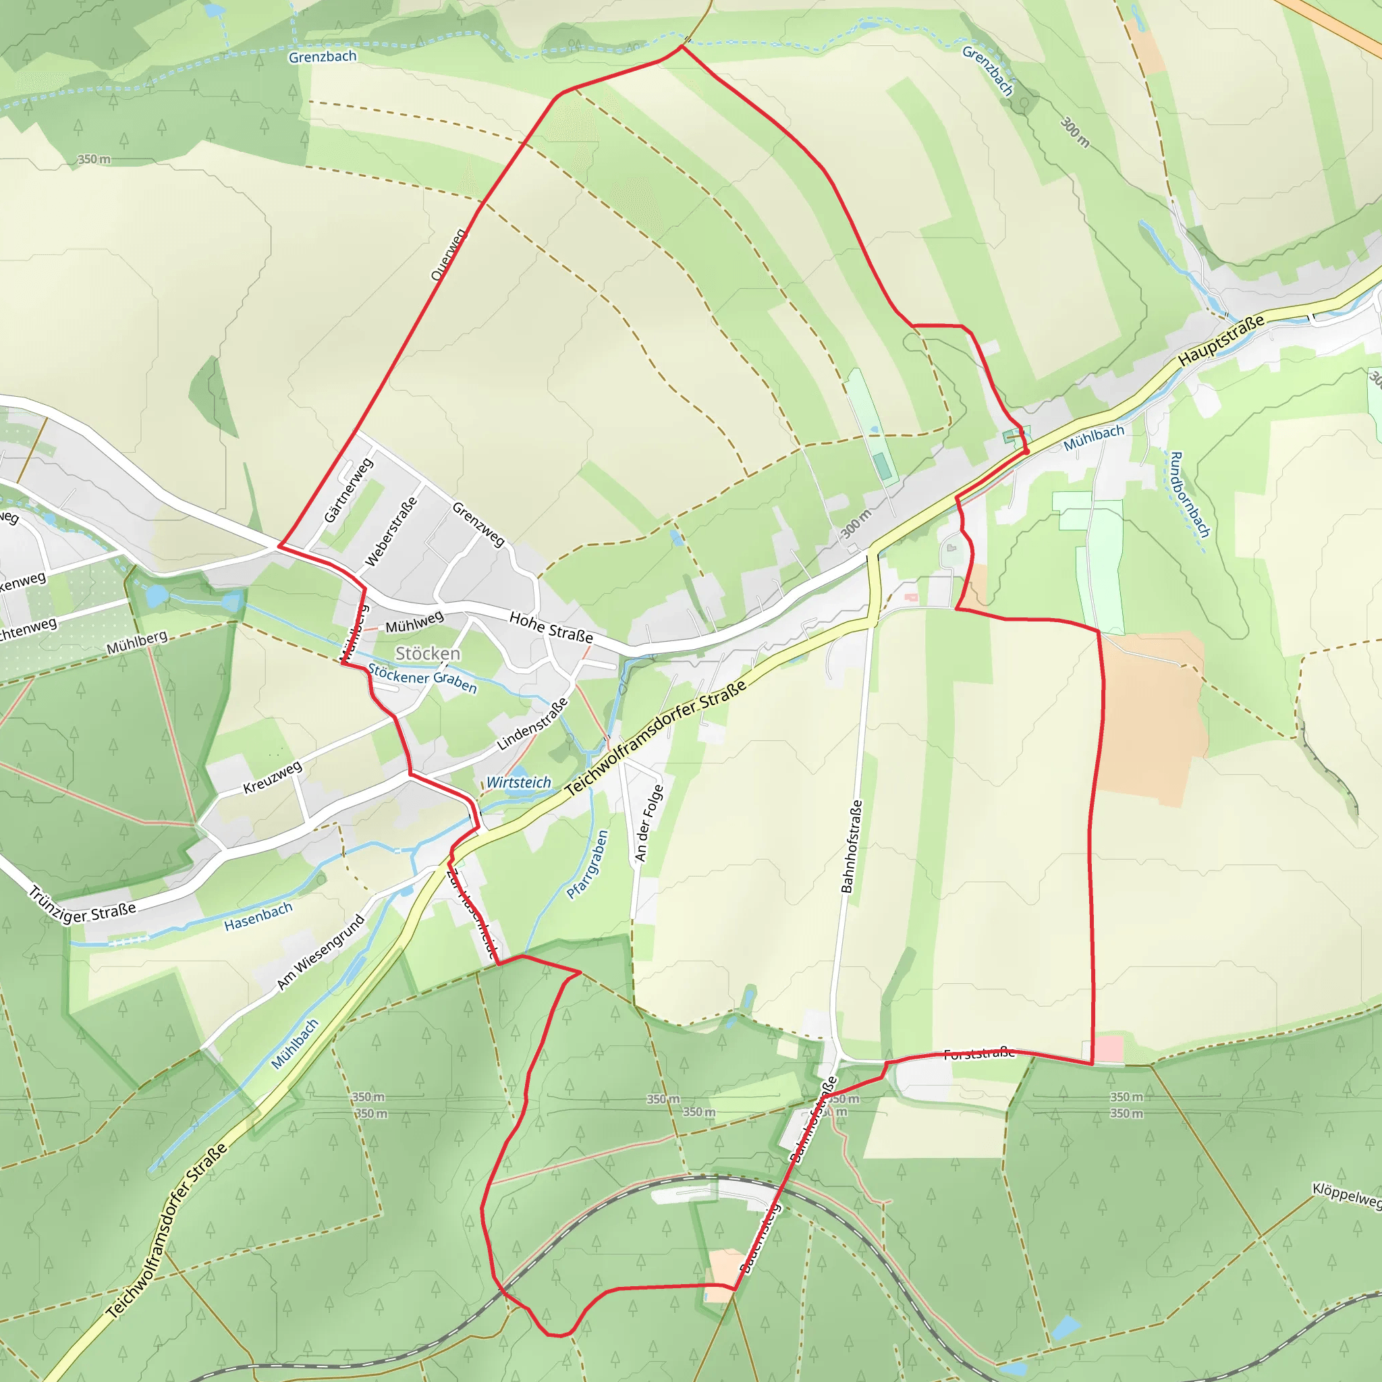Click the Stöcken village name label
coord(428,653)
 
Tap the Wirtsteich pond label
coord(519,783)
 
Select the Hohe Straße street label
coord(551,627)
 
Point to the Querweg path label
coord(449,254)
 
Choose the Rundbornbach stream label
coord(1190,494)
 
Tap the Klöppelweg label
coord(1346,1195)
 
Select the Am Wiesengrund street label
coord(321,953)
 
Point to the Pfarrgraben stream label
coord(587,864)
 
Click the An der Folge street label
coord(648,823)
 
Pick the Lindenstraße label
coord(532,724)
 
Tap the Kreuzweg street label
coord(273,777)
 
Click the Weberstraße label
coord(391,532)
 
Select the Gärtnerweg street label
coord(348,491)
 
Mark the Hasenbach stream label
coord(258,916)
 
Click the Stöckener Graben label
coord(422,678)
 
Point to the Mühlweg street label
coord(414,621)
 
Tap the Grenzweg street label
coord(478,524)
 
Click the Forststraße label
coord(978,1053)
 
